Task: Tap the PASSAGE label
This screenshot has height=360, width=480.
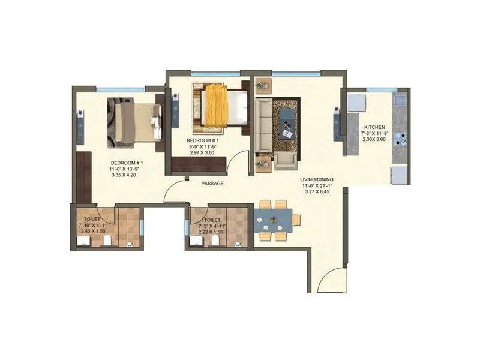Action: (212, 184)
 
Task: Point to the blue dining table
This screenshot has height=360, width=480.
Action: (273, 220)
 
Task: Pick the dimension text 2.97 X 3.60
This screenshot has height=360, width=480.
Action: (202, 153)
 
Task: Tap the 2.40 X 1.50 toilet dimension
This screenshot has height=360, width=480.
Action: (93, 231)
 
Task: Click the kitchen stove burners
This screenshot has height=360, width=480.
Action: (400, 135)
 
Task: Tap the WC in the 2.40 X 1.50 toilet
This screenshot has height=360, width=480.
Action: (107, 241)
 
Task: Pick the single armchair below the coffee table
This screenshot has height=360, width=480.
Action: (286, 158)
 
